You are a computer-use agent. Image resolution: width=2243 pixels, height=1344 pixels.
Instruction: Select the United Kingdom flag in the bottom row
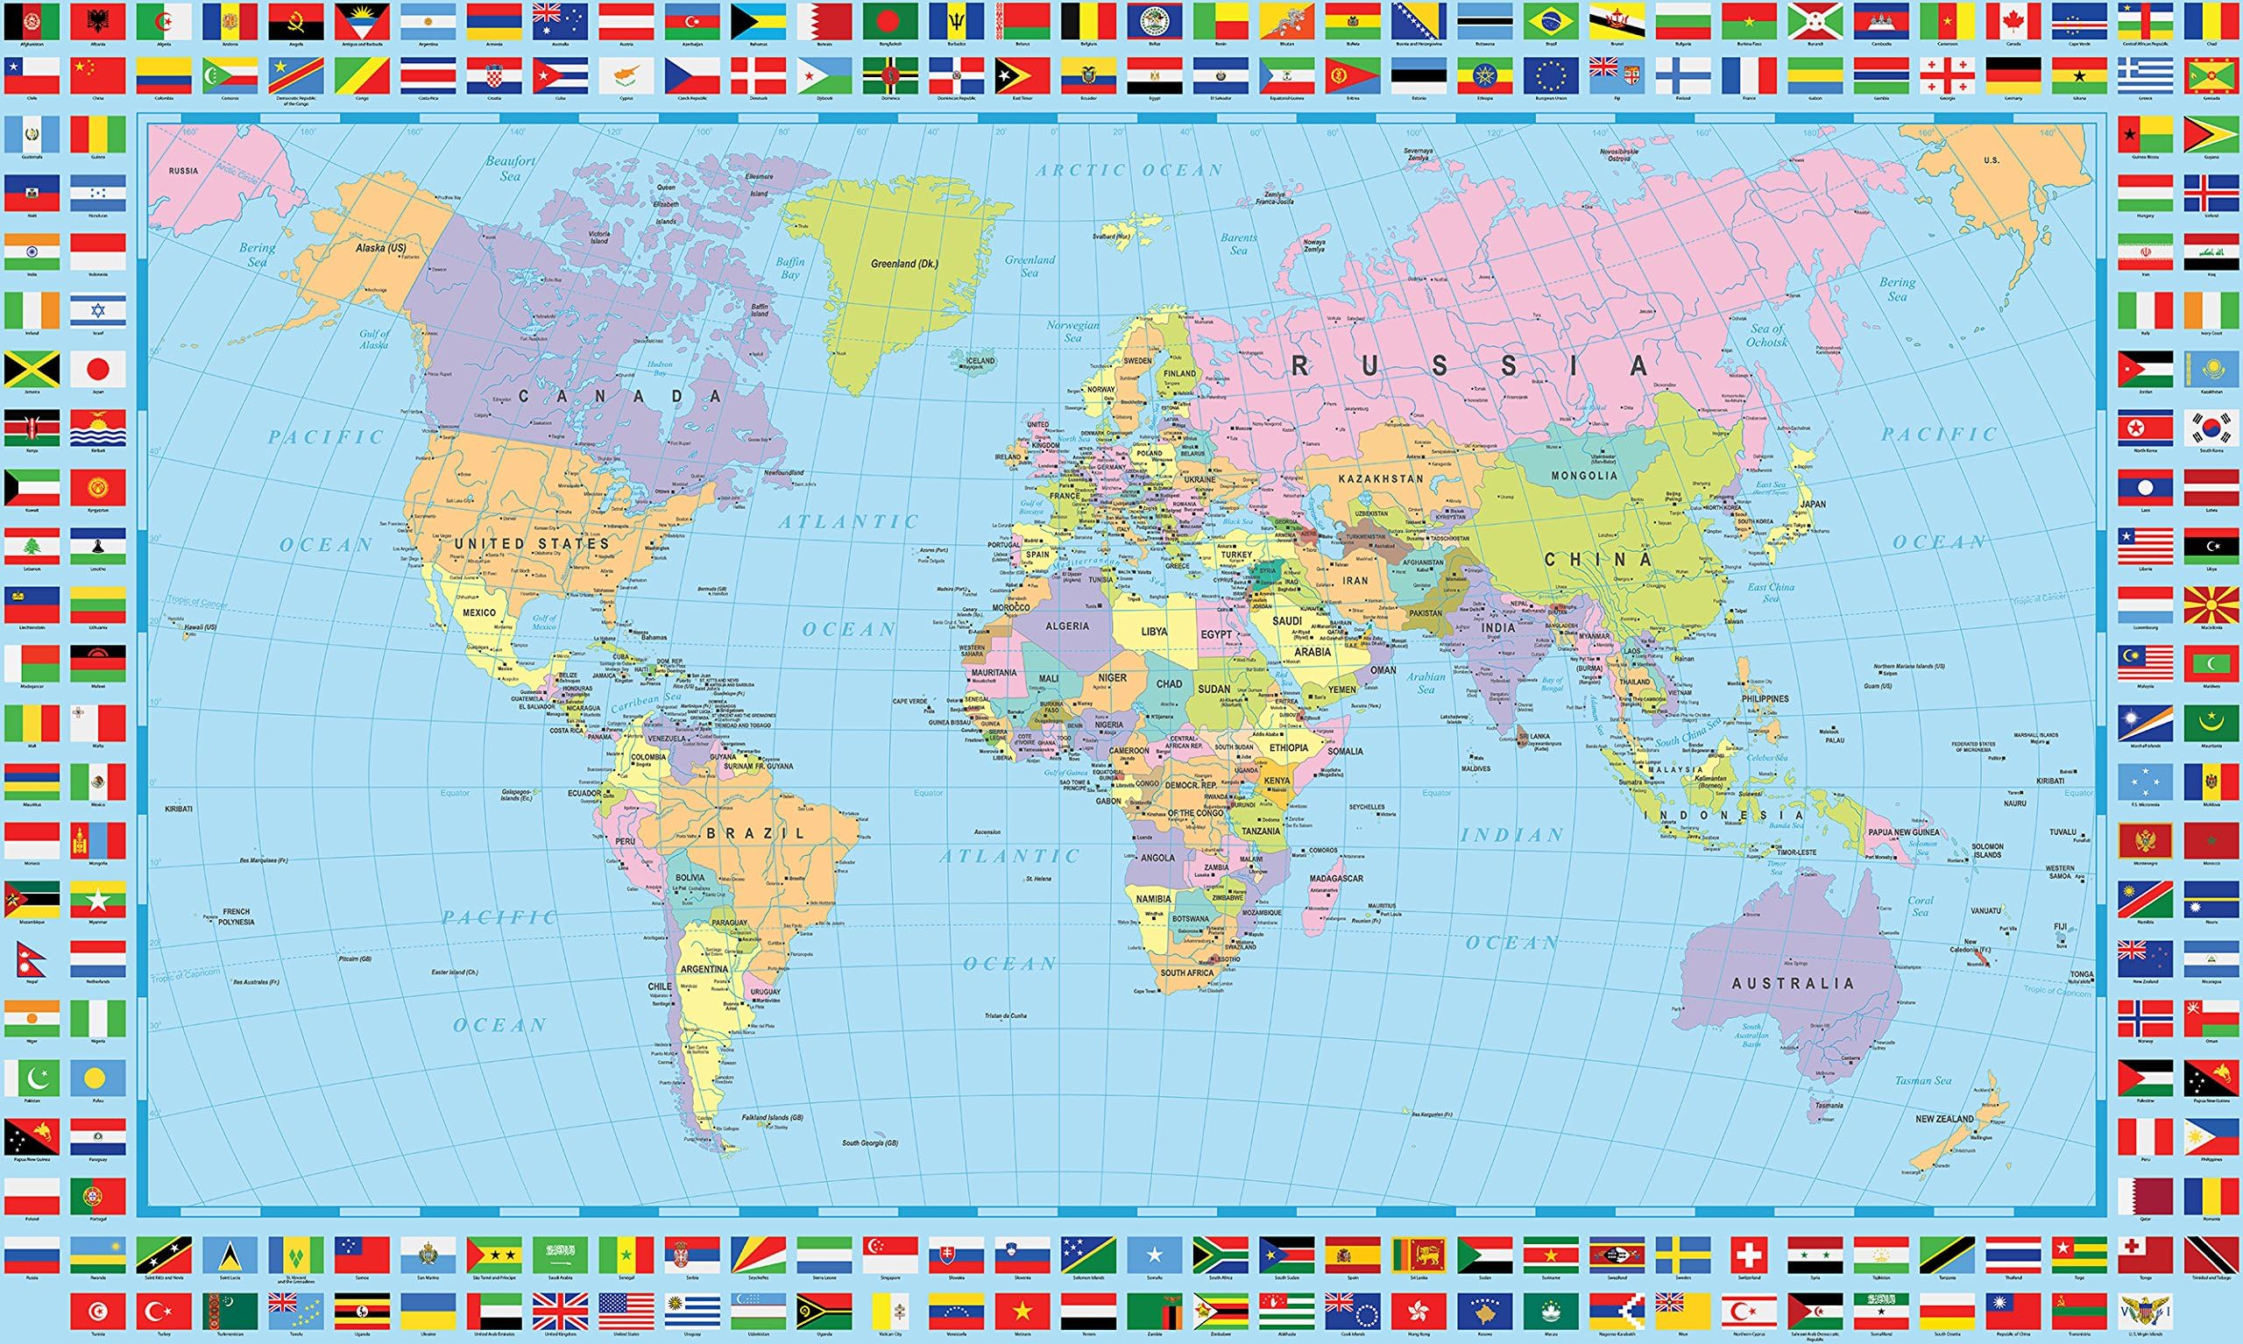[x=560, y=1311]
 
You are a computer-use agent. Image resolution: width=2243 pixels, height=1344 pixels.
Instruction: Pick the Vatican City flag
[x=890, y=1311]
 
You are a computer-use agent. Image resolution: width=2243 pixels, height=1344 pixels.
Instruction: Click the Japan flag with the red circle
[x=98, y=370]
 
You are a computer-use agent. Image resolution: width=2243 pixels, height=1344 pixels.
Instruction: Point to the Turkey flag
[x=164, y=1311]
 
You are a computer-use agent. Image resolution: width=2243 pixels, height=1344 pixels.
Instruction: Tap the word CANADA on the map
[x=621, y=396]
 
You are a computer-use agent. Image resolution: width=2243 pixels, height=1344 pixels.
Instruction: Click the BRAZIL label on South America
[x=755, y=832]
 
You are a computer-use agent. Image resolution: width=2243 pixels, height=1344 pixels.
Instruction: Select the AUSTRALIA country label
[x=1793, y=983]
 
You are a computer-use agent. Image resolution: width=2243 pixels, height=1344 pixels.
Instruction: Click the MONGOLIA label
[x=1585, y=476]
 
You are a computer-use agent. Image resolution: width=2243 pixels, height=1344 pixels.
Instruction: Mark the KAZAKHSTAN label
[x=1381, y=478]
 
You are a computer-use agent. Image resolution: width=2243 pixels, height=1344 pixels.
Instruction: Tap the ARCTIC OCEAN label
[x=1129, y=170]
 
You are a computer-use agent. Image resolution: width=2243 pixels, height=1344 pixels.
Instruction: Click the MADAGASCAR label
[x=1335, y=879]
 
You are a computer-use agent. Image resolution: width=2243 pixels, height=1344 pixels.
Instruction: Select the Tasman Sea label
[x=1923, y=1080]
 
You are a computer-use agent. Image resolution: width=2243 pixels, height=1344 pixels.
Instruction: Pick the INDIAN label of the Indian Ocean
[x=1511, y=835]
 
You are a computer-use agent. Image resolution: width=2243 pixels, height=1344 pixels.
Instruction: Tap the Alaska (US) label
[x=381, y=247]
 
